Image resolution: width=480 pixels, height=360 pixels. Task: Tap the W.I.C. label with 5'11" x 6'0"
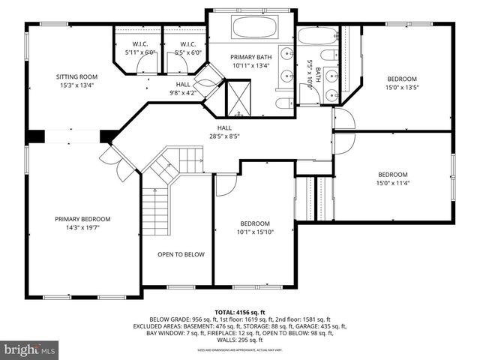[x=139, y=49]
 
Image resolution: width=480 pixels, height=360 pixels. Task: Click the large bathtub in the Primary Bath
[x=255, y=27]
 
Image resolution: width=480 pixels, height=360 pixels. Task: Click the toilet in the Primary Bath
[x=284, y=104]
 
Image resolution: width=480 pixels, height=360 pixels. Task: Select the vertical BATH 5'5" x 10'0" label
[x=313, y=74]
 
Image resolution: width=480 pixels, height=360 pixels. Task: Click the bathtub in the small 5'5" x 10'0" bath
[x=317, y=35]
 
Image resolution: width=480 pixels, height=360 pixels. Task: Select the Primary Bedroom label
[x=82, y=219]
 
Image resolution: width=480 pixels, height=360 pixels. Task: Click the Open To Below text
[x=181, y=254]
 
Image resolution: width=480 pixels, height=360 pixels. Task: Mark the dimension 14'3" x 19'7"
[x=82, y=227]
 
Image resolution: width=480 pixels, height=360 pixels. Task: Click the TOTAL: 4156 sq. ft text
[x=240, y=311]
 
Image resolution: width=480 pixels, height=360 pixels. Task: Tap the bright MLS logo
[x=30, y=349]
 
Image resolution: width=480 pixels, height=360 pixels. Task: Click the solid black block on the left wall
[x=34, y=136]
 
